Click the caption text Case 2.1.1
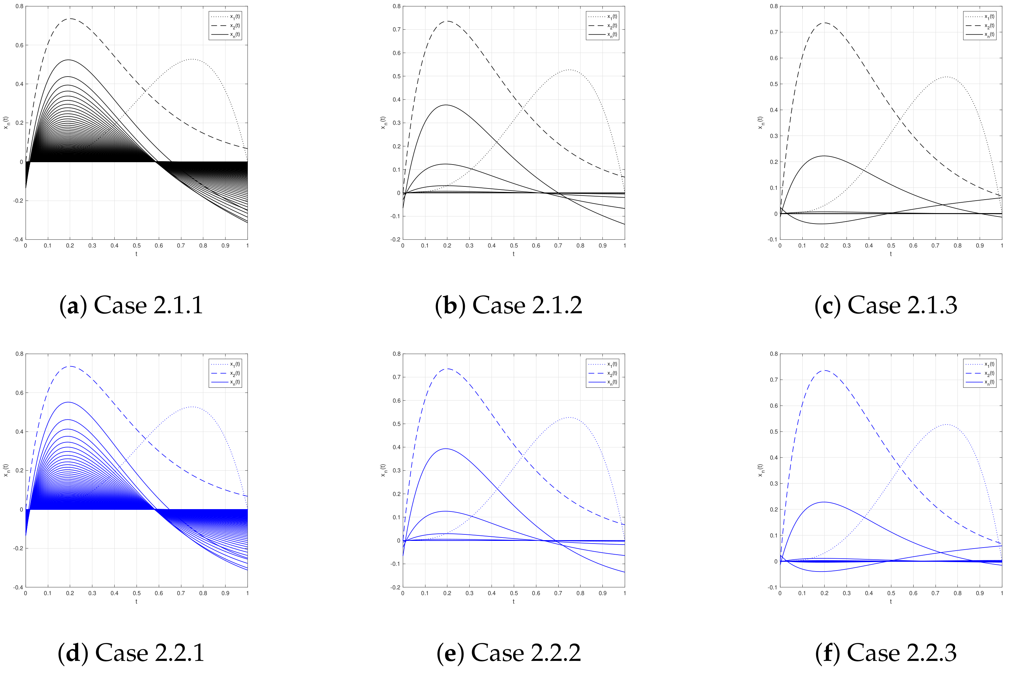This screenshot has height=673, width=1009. point(131,305)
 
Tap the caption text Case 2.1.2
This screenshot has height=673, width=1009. point(509,305)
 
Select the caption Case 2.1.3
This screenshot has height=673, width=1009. point(886,305)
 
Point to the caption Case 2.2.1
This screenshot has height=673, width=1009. point(131,653)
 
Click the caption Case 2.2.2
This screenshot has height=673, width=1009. point(509,653)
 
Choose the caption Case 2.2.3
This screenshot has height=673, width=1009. point(886,653)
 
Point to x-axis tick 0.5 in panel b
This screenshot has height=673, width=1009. point(514,246)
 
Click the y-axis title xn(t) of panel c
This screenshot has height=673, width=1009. point(760,123)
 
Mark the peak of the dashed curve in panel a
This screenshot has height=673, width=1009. point(70,19)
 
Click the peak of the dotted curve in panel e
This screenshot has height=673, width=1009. point(569,417)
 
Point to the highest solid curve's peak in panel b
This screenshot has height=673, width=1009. point(446,105)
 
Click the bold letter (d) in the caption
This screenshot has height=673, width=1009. point(73,653)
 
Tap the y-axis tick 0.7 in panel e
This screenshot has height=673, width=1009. point(397,377)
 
